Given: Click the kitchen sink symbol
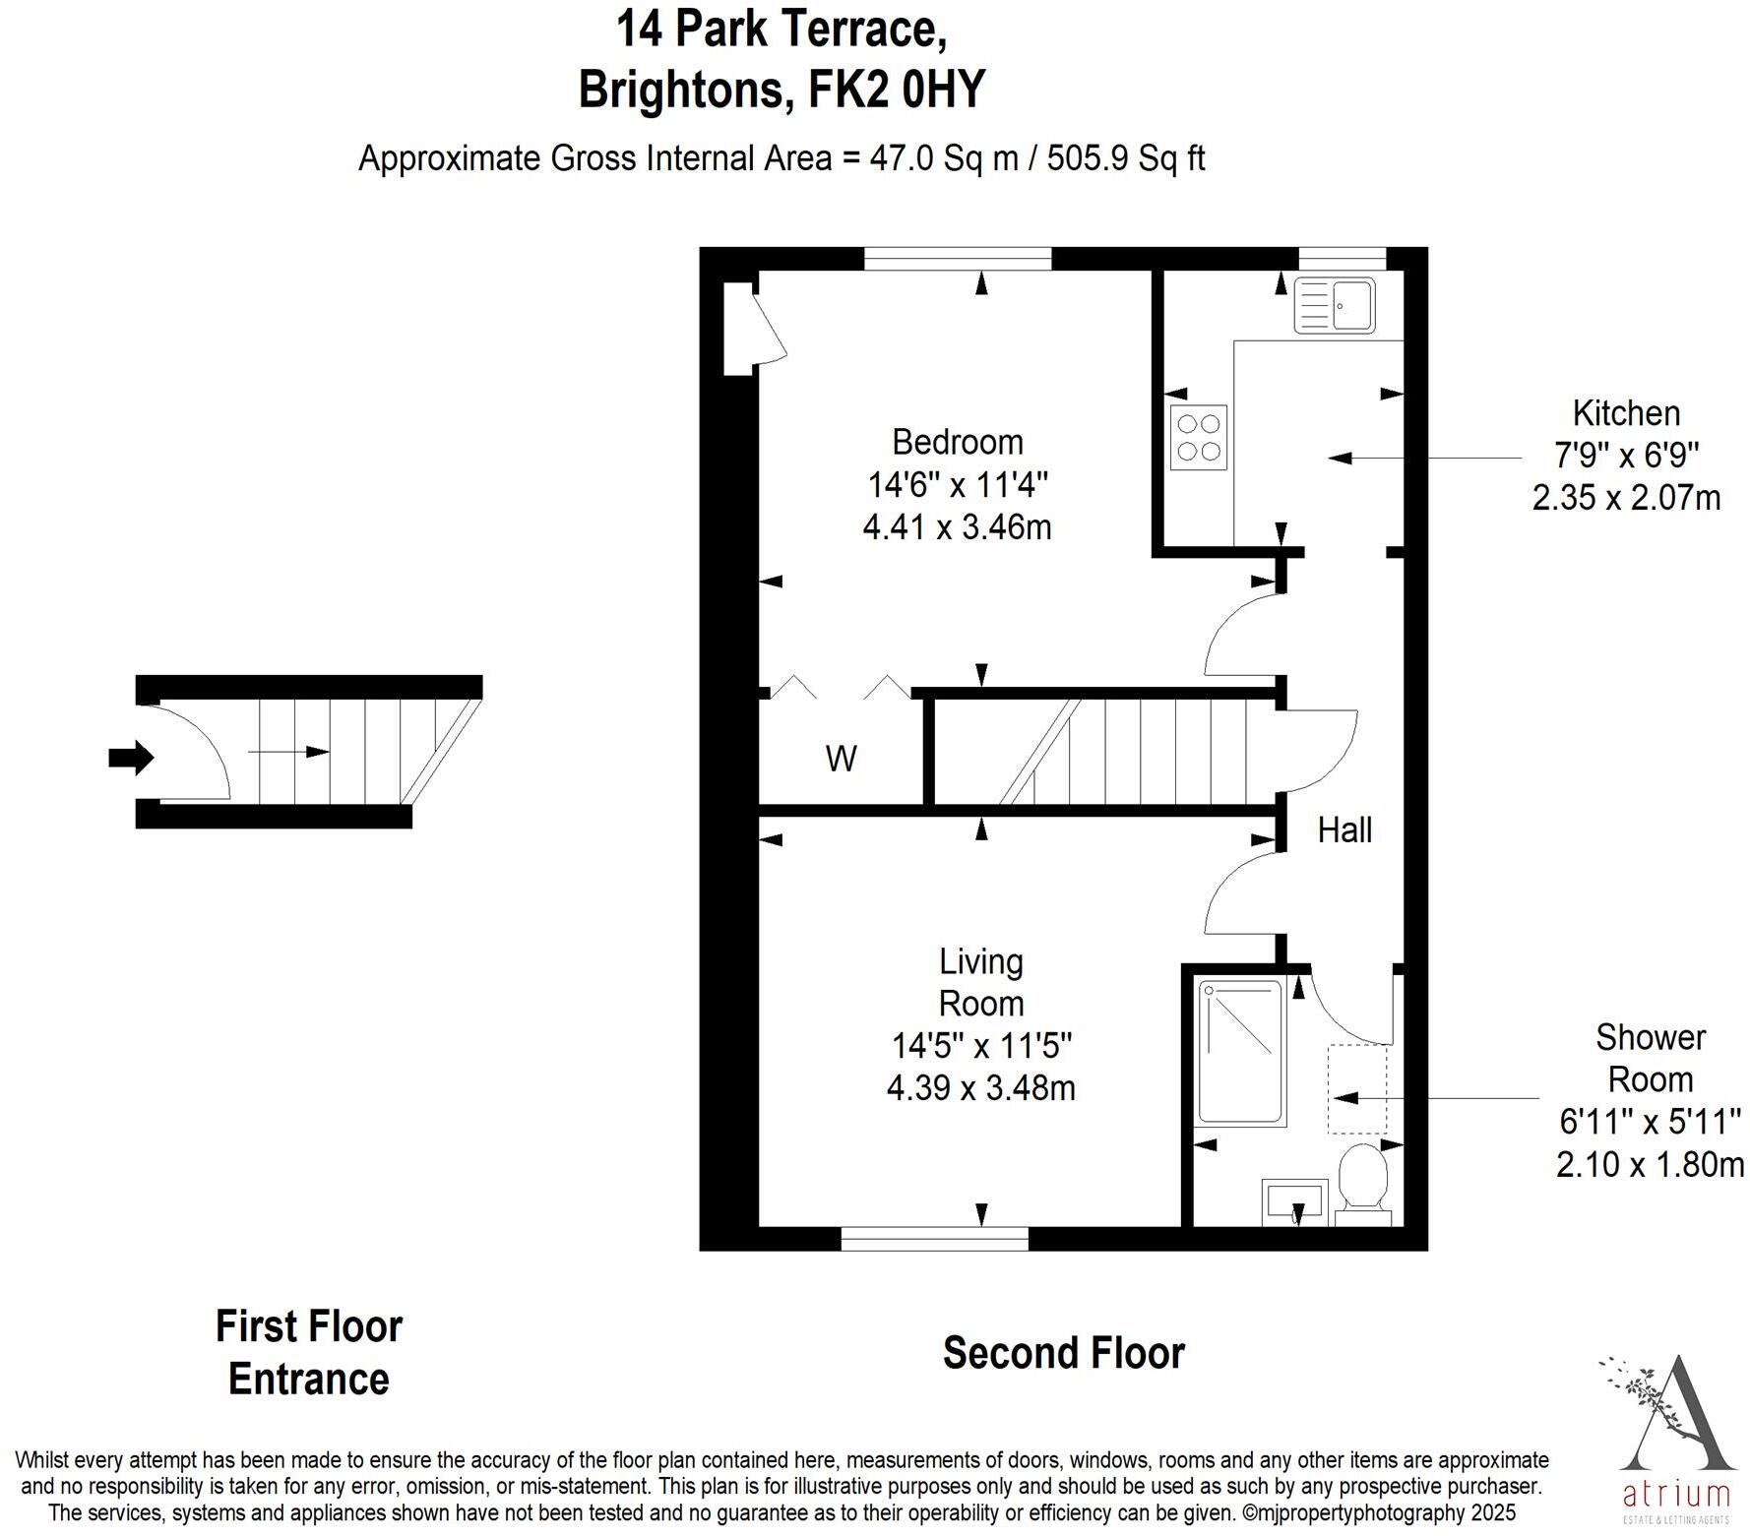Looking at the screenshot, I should (1335, 305).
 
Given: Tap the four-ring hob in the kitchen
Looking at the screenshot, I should (1199, 438).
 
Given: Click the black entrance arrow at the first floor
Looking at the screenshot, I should (131, 758).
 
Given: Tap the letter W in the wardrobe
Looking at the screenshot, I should (841, 759).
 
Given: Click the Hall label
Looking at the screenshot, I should (1344, 830).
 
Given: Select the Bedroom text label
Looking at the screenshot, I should (957, 442).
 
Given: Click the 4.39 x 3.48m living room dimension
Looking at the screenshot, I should (980, 1088).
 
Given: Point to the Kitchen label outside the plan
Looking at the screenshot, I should (1626, 413).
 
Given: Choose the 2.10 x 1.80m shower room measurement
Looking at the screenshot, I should (1650, 1164).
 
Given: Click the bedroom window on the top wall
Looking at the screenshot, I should (958, 259).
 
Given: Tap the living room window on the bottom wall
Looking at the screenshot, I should (934, 1239).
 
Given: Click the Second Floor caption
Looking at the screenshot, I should (1063, 1353).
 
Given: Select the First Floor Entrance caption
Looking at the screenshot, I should (309, 1353).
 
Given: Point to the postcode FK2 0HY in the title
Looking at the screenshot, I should (896, 90).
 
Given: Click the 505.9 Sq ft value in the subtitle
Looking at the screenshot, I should (1125, 158).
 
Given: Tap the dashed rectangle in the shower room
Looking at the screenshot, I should (1357, 1089).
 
